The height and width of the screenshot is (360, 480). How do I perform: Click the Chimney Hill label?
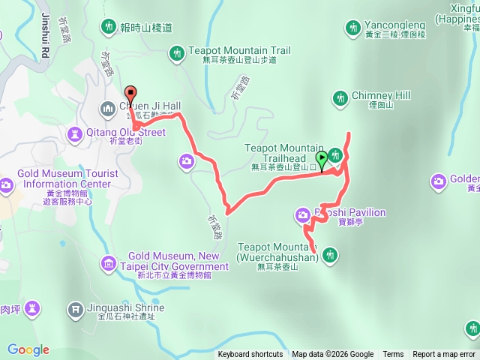coord(382,96)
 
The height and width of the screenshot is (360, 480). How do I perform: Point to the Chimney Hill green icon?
coord(340,97)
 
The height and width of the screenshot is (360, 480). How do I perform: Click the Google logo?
coord(28,349)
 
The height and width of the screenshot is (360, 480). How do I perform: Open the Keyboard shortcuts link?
coord(250,355)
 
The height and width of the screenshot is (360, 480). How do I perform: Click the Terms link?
coord(393,355)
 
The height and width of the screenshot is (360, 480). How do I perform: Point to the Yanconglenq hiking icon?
coord(352,28)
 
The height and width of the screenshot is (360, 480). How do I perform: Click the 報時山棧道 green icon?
coord(108,28)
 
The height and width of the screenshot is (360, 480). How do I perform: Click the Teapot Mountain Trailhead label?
coord(283,153)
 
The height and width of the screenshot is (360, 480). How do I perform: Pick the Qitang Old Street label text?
coord(126,133)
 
